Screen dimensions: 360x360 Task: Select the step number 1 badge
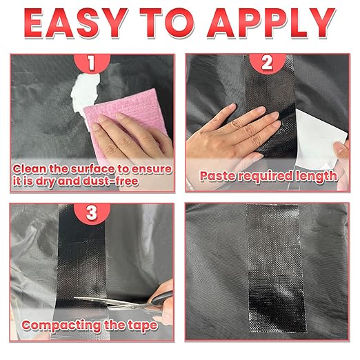[x=92, y=63]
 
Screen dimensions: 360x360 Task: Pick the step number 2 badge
[x=268, y=63]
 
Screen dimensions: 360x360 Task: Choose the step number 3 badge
[x=92, y=213]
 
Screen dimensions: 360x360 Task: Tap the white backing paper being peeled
[x=321, y=139]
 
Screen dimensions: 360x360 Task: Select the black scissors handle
[x=162, y=298]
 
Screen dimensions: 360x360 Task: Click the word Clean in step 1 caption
[x=30, y=169]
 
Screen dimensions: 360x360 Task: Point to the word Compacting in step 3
[x=61, y=326]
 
